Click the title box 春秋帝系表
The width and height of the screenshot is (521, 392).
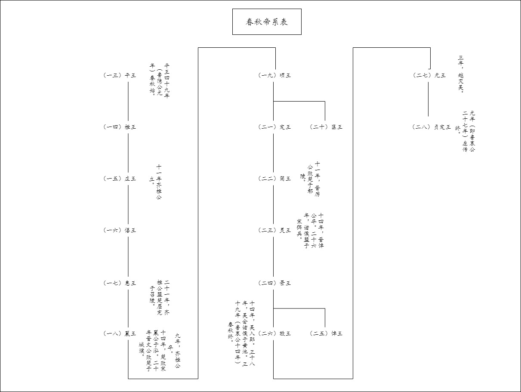pyautogui.click(x=267, y=22)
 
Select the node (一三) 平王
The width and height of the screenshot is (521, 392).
pyautogui.click(x=120, y=75)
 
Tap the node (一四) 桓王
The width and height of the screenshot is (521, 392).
pyautogui.click(x=120, y=127)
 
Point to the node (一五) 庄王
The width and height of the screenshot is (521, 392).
pyautogui.click(x=120, y=179)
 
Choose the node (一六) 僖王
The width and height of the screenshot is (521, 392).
pyautogui.click(x=120, y=230)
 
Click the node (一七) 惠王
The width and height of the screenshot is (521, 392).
pyautogui.click(x=120, y=283)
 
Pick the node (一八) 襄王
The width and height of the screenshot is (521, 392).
pyautogui.click(x=120, y=333)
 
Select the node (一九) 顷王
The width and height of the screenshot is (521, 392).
pyautogui.click(x=274, y=75)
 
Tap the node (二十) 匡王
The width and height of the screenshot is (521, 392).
pyautogui.click(x=327, y=127)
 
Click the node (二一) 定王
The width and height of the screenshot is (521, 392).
pyautogui.click(x=274, y=127)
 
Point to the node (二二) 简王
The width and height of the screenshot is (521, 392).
pyautogui.click(x=274, y=179)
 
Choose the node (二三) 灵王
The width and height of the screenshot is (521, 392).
pyautogui.click(x=274, y=230)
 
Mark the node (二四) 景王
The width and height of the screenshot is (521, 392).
pyautogui.click(x=274, y=283)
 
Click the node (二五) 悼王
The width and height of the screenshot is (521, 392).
pyautogui.click(x=327, y=333)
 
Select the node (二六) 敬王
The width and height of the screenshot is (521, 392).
pyautogui.click(x=274, y=333)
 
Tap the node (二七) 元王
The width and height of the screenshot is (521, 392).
pyautogui.click(x=429, y=75)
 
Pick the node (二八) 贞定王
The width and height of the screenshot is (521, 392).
pyautogui.click(x=432, y=127)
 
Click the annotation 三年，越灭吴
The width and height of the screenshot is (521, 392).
pyautogui.click(x=461, y=74)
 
